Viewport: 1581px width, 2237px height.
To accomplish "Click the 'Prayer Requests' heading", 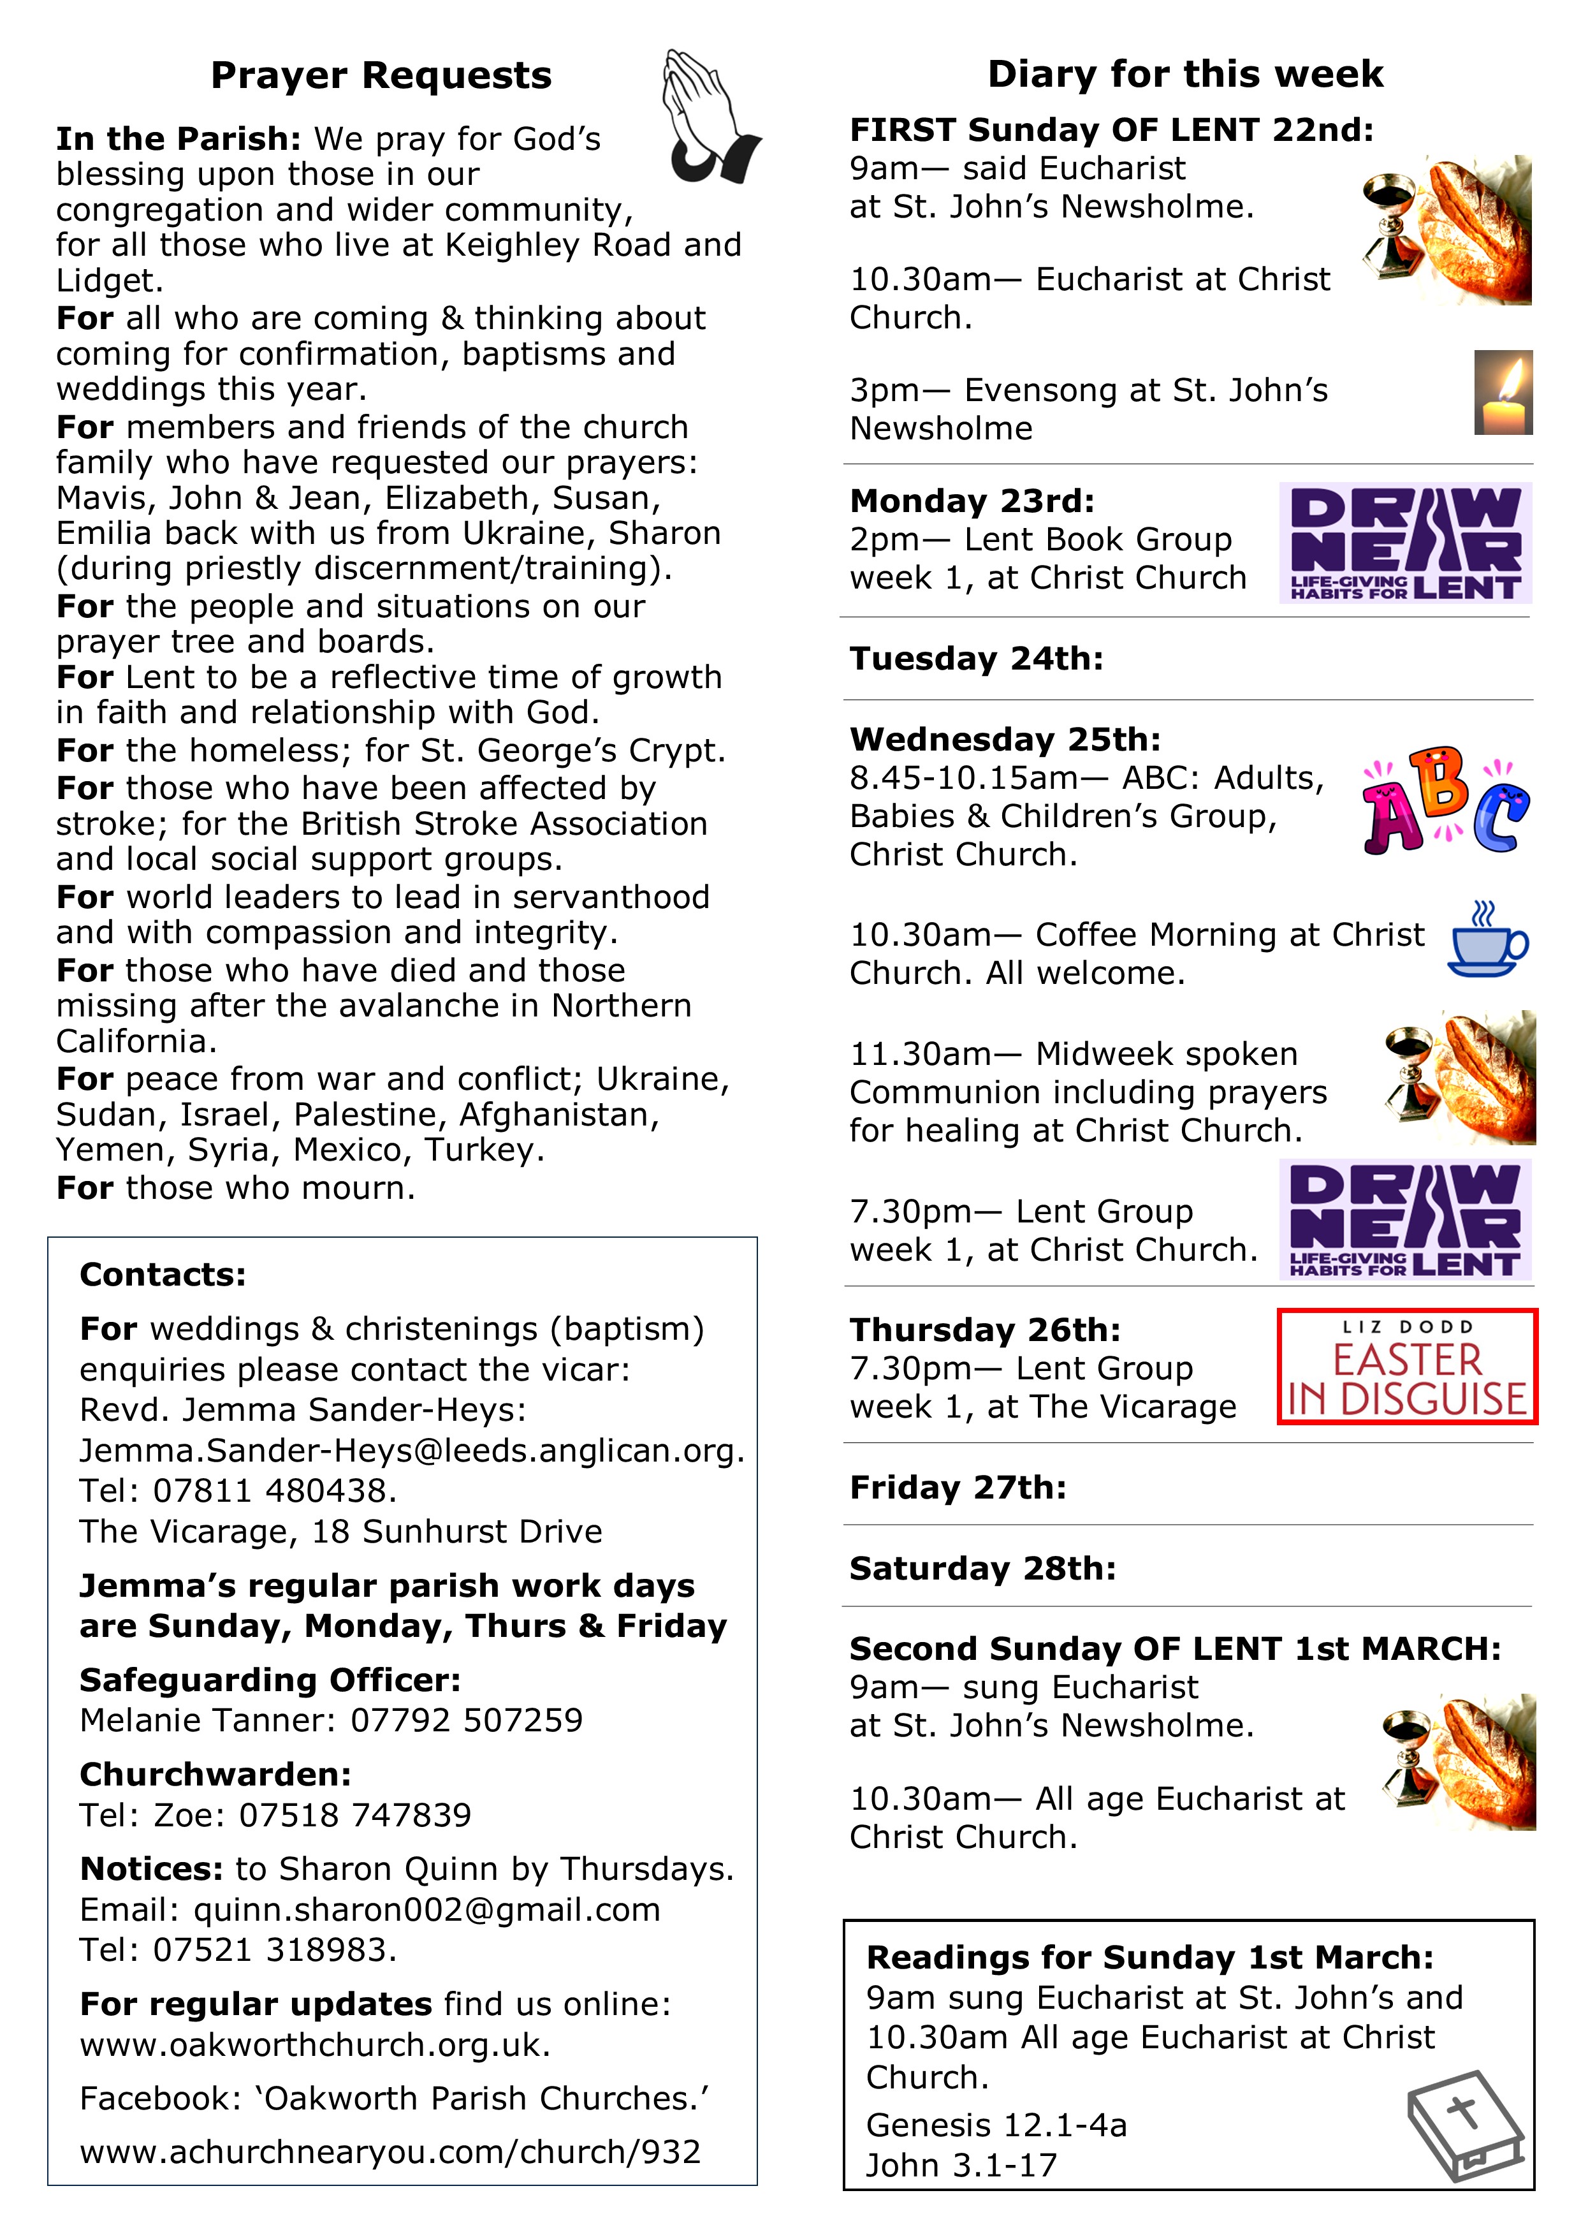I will (x=381, y=75).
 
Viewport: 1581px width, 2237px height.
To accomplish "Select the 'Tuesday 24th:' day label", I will (x=976, y=659).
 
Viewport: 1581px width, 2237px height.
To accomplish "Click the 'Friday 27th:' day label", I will (x=958, y=1488).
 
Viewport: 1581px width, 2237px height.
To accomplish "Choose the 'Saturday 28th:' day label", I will (x=982, y=1569).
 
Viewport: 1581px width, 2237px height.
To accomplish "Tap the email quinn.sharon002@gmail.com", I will (x=426, y=1910).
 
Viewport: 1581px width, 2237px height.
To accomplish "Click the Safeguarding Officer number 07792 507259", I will (x=467, y=1720).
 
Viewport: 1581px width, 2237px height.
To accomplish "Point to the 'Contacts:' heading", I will (x=163, y=1274).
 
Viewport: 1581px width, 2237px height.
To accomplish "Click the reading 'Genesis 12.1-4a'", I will (x=996, y=2125).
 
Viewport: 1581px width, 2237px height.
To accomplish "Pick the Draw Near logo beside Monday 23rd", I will (x=1404, y=543).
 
